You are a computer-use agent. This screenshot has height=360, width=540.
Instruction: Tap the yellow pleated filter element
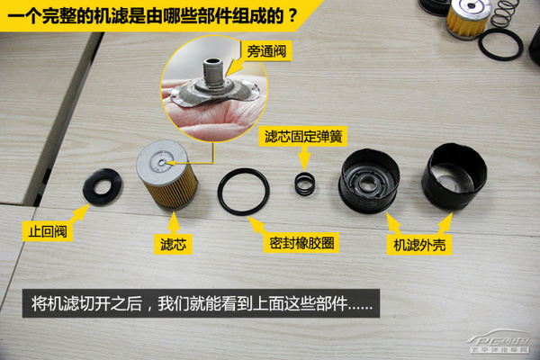click(166, 184)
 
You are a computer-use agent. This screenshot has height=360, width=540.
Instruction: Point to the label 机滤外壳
click(418, 245)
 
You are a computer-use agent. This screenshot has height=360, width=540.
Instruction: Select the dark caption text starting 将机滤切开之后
click(202, 302)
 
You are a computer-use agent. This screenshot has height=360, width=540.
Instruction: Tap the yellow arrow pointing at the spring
click(306, 157)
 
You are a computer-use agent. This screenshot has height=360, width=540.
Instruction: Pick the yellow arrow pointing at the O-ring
click(261, 222)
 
